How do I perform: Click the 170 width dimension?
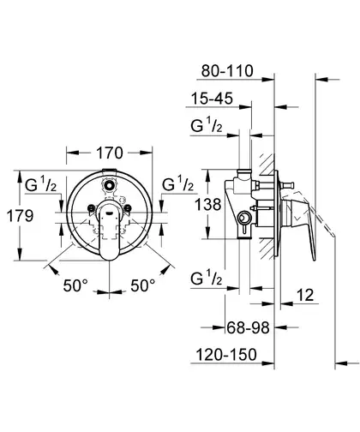(110, 153)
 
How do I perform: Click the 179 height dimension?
(20, 216)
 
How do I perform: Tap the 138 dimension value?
(208, 205)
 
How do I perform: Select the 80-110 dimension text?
(227, 71)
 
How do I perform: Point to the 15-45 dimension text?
(212, 99)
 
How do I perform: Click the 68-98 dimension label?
(248, 327)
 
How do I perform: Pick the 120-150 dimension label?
(226, 355)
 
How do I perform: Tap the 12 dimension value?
(305, 295)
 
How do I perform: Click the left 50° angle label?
(75, 285)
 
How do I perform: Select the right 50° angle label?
(143, 285)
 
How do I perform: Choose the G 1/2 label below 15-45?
(207, 126)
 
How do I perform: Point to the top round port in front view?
(109, 185)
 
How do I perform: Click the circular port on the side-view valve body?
(243, 219)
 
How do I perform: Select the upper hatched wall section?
(267, 165)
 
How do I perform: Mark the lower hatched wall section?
(267, 249)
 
